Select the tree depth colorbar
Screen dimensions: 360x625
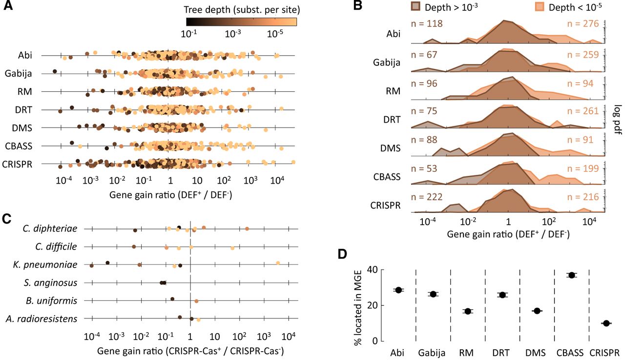[x=241, y=21]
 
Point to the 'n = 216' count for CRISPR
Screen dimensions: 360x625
[x=583, y=197]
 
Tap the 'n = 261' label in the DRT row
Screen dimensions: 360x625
[x=583, y=111]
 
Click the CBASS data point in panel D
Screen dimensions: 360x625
[x=572, y=275]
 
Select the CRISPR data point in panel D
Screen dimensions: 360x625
[x=606, y=323]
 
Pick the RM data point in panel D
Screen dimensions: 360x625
[x=467, y=311]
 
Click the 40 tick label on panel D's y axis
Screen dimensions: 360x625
[x=372, y=270]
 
